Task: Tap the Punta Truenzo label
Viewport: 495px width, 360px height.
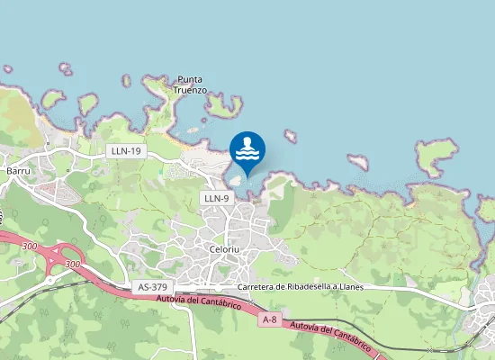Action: click(191, 85)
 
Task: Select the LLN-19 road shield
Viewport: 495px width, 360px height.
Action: click(125, 151)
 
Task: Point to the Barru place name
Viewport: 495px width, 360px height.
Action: click(18, 169)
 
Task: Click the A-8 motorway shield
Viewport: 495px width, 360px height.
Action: click(268, 319)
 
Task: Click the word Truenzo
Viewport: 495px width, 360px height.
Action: click(191, 90)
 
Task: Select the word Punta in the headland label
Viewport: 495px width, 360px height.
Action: click(190, 79)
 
